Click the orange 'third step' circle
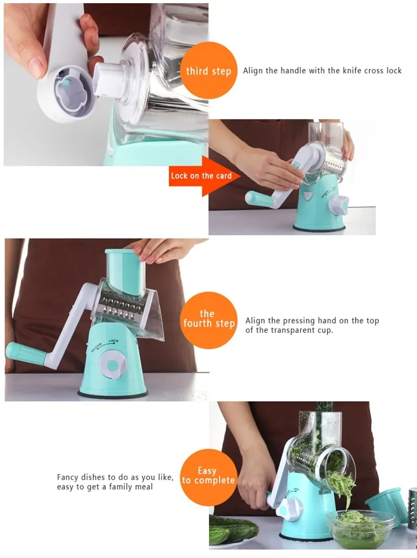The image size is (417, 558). coord(208,70)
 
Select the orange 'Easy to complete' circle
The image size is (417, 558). coord(207,476)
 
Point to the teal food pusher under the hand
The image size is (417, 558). coord(125,271)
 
